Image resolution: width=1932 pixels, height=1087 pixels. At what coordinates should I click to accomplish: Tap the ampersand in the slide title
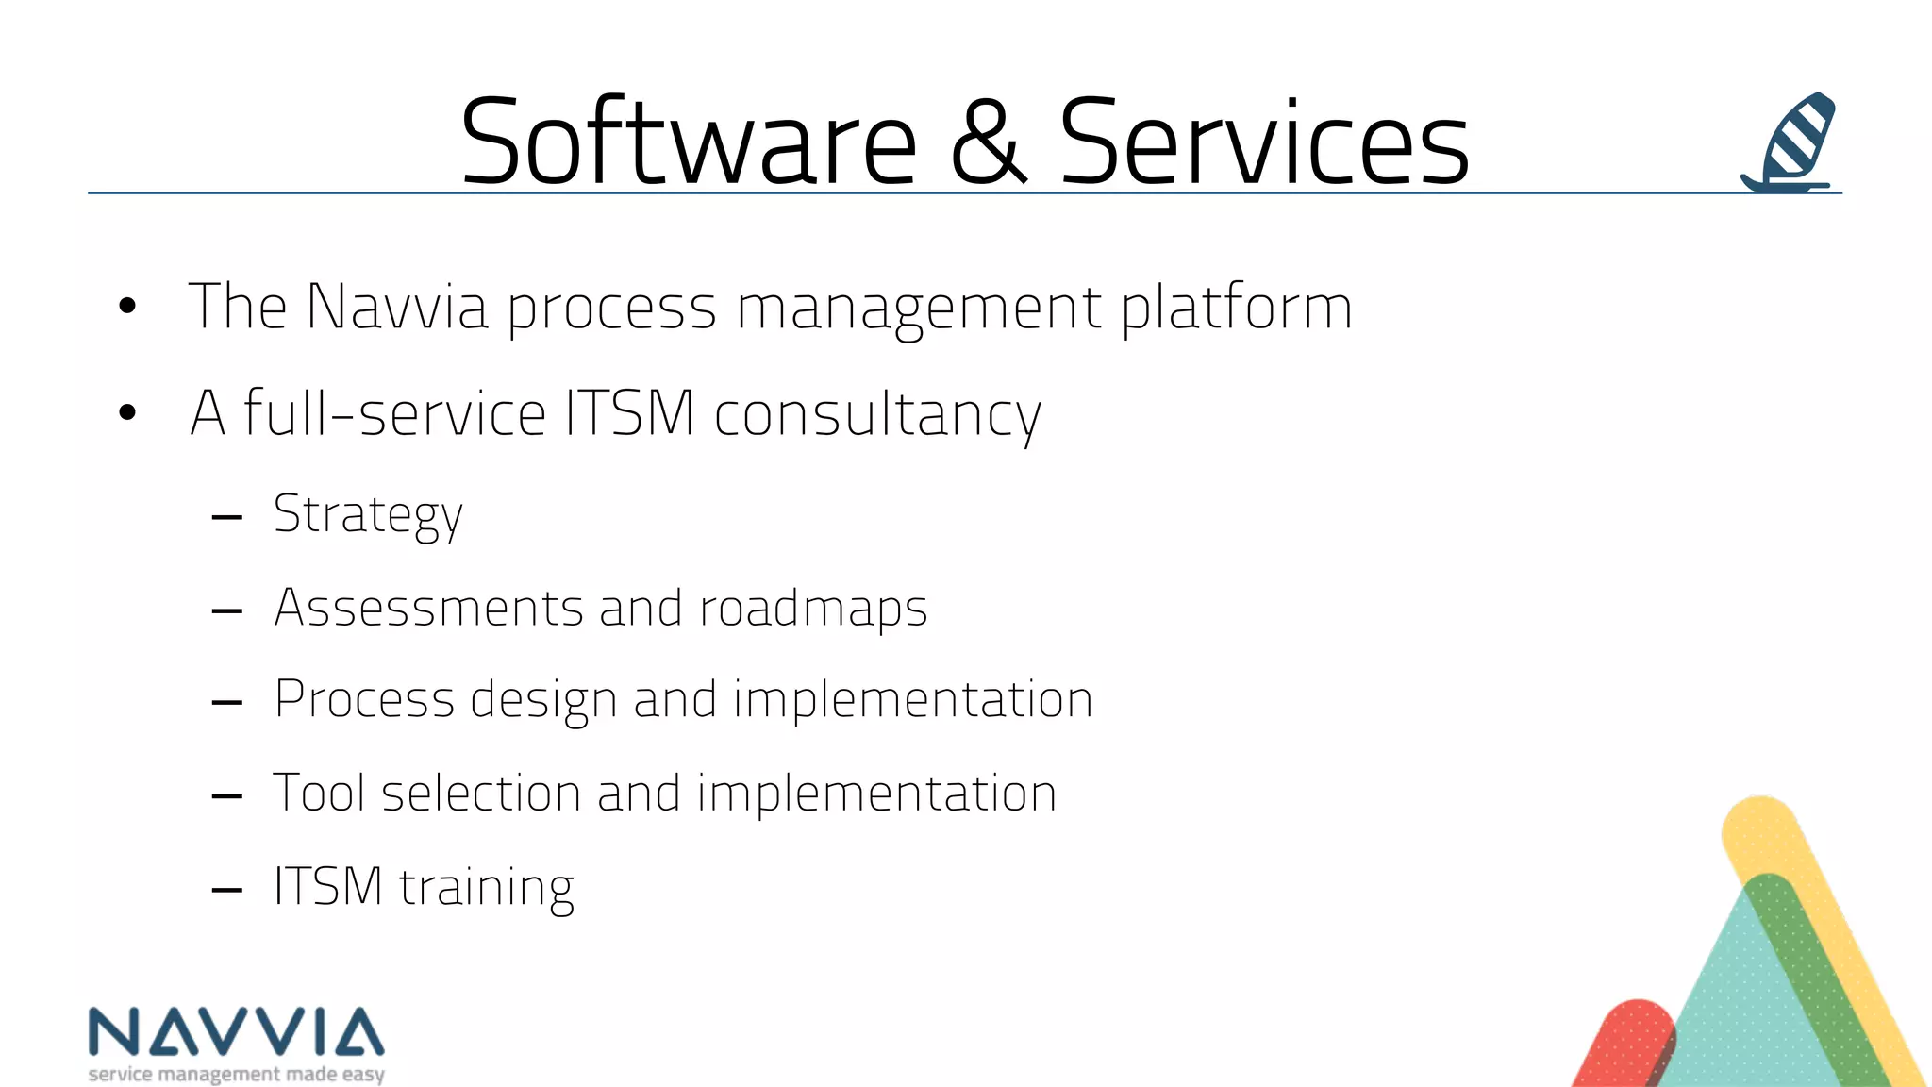coord(988,143)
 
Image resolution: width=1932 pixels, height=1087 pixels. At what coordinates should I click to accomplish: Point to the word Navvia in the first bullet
coord(397,307)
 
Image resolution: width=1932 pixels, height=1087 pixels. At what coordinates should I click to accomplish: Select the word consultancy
coord(877,415)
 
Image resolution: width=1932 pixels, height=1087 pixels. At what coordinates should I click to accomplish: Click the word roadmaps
coord(813,609)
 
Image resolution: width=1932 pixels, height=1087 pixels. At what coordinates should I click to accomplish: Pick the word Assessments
coord(428,608)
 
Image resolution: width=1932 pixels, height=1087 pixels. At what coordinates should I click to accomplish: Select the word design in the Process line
coord(543,701)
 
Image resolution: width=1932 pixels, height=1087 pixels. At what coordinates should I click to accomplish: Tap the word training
coord(486,888)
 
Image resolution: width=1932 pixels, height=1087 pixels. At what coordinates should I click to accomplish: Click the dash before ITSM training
coord(227,889)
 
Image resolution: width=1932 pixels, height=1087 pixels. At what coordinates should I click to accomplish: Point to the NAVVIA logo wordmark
coord(236,1031)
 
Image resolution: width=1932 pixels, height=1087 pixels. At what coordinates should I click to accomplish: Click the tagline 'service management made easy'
coord(236,1074)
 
